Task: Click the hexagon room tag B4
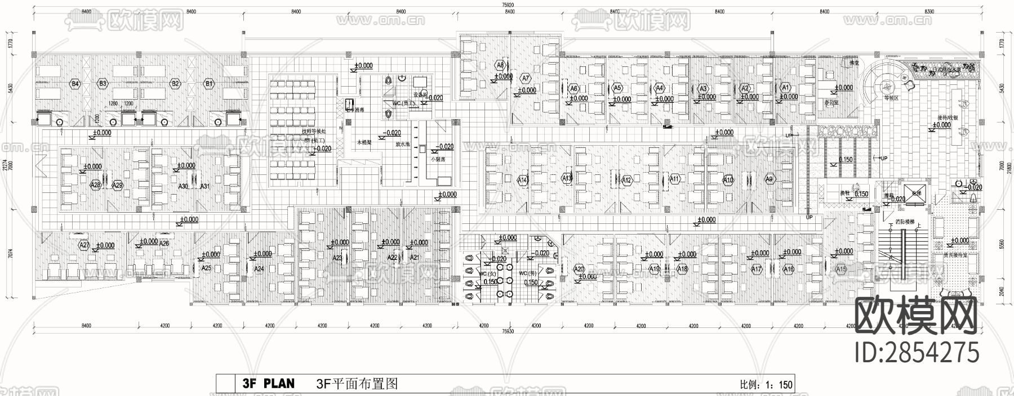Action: click(75, 84)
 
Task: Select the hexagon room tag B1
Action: click(209, 84)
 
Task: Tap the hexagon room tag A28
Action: click(95, 184)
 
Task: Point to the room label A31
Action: click(205, 186)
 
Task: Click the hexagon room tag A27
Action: click(84, 245)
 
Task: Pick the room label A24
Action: click(259, 269)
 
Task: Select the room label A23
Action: click(337, 258)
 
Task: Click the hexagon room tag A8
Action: click(500, 65)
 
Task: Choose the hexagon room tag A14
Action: click(522, 180)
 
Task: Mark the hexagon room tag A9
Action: click(770, 179)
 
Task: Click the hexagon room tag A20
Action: click(579, 269)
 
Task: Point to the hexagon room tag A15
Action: click(840, 269)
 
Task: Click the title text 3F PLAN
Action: click(268, 384)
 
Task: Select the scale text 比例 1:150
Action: click(766, 385)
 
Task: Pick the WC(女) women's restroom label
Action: click(487, 274)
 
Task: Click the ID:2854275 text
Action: click(917, 353)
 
